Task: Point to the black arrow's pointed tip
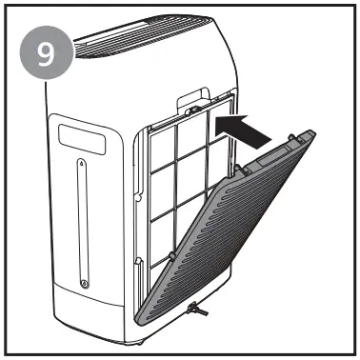pyautogui.click(x=213, y=121)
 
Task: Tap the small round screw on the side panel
pyautogui.click(x=86, y=283)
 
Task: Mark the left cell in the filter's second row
pyautogui.click(x=156, y=185)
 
